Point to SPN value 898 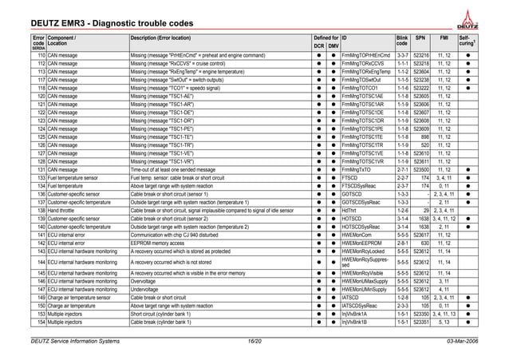click(424, 137)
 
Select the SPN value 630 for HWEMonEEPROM click(424, 243)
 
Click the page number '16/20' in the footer click(254, 341)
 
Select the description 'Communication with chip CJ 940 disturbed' click(188, 235)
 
